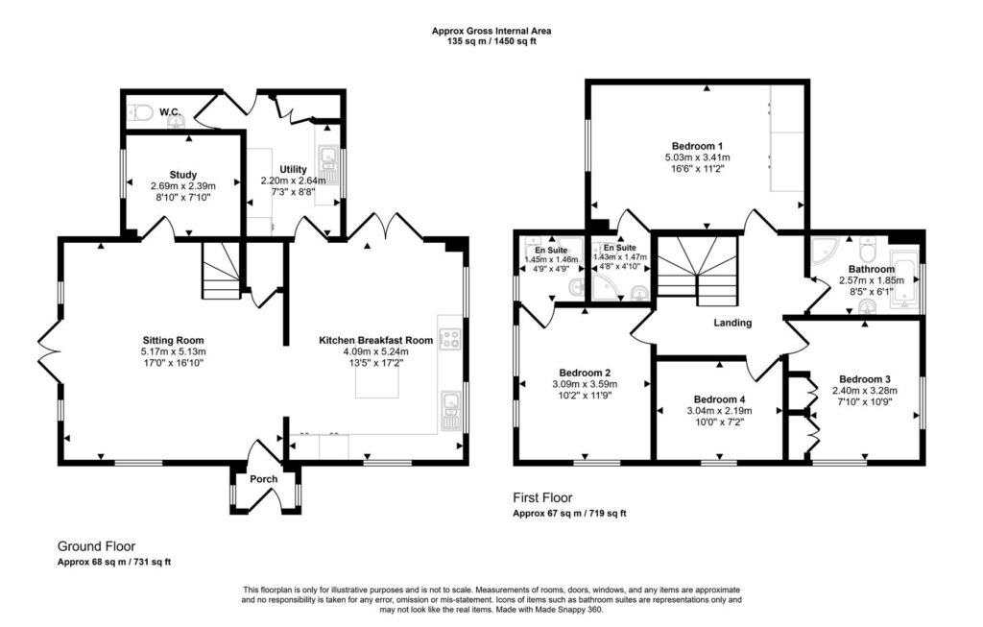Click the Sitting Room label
point(173,341)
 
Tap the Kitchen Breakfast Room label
point(376,340)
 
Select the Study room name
point(183,175)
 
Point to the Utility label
point(294,169)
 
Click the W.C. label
point(169,112)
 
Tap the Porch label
point(264,479)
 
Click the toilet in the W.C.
point(141,113)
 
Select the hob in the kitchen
point(450,339)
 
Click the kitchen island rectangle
point(376,379)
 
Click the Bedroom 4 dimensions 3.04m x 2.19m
point(720,411)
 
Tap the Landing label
point(732,323)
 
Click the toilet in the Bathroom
point(868,250)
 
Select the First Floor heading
point(543,497)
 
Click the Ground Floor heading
point(97,546)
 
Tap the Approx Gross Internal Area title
point(491,31)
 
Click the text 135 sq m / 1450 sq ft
point(491,42)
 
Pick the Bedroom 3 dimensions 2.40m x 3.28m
point(865,390)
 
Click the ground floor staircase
point(222,271)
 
